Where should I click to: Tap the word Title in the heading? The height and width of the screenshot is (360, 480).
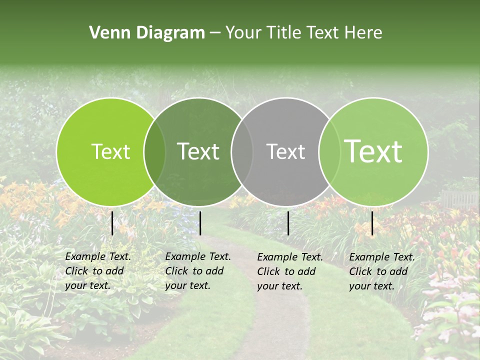tap(284, 33)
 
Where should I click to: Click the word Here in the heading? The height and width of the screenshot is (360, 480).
tap(363, 33)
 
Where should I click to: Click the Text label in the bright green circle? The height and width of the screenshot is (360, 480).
tap(110, 151)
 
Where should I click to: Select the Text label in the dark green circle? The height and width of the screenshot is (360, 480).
tap(198, 151)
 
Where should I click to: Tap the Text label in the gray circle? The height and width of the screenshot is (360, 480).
tap(285, 151)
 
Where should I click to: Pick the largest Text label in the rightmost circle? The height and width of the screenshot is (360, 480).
tap(373, 151)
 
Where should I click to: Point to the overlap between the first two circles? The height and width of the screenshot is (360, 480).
tap(154, 152)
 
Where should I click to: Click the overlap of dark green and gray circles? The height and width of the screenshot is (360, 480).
tap(241, 152)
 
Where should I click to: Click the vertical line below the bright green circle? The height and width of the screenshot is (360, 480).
tap(112, 223)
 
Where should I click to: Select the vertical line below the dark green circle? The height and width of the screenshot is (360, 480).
tap(200, 223)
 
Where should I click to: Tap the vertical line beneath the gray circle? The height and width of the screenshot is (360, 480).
tap(288, 223)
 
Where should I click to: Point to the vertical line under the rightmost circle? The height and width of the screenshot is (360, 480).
tap(372, 223)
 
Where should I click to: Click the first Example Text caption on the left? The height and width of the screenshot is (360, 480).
tap(97, 271)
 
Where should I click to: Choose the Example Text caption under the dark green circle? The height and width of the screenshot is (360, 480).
tap(197, 271)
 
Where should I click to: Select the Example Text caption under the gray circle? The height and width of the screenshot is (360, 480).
tap(289, 271)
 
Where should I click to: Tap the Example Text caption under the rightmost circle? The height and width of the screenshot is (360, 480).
tap(381, 271)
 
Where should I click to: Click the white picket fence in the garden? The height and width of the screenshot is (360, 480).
tap(459, 199)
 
